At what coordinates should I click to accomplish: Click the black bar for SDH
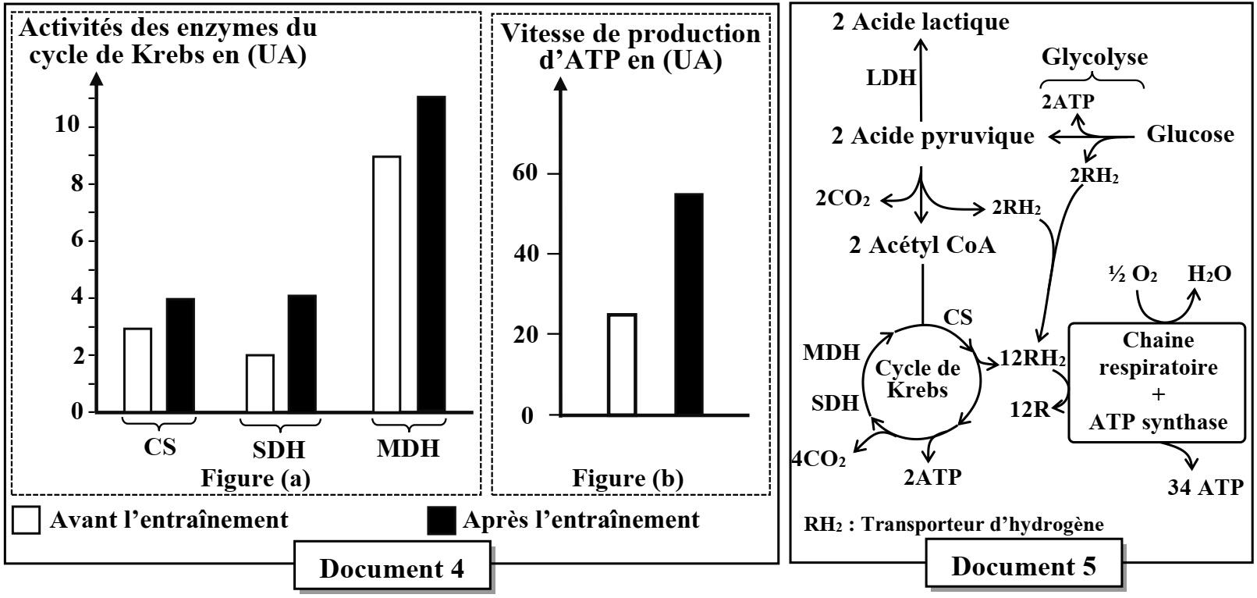pos(302,353)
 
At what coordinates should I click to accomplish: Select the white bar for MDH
pos(386,284)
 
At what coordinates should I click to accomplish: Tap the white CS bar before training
pos(137,370)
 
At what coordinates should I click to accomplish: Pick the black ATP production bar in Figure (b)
pos(688,304)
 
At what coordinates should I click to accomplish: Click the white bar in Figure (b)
pos(622,364)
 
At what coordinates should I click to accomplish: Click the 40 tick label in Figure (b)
pos(531,255)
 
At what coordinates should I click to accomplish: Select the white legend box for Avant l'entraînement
pos(27,521)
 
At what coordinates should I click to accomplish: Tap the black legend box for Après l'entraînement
pos(442,521)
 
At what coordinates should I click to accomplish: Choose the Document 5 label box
pos(1023,566)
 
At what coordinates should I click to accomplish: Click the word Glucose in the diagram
pos(1189,134)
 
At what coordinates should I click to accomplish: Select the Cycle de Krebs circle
pos(921,379)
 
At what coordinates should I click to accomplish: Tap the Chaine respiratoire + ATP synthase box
pos(1157,382)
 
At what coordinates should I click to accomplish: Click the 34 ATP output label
pos(1206,488)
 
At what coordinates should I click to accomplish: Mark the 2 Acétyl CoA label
pos(922,245)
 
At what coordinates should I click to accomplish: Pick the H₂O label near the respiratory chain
pos(1209,273)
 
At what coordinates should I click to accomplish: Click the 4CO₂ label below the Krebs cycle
pos(818,458)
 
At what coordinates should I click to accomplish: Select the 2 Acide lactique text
pos(920,22)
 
